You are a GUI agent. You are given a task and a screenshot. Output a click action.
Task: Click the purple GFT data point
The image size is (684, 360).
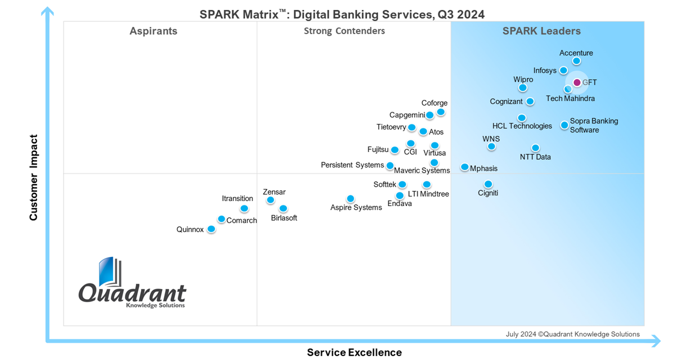(x=577, y=82)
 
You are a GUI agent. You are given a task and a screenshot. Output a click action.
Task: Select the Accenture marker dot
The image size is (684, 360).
(x=576, y=61)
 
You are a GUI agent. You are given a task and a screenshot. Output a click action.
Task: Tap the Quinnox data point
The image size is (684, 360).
(x=211, y=229)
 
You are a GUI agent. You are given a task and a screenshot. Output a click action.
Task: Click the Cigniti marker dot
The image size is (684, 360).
(x=488, y=184)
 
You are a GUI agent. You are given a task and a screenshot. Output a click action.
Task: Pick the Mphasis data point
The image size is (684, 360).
(x=464, y=167)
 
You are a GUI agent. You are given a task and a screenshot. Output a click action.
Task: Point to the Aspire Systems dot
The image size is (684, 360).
(x=351, y=199)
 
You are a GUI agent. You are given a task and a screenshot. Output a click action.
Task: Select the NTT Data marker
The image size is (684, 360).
(x=535, y=148)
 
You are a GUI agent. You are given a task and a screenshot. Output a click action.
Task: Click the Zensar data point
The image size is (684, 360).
(x=270, y=200)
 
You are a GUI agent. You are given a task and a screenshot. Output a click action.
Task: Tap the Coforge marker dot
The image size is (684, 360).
(x=441, y=112)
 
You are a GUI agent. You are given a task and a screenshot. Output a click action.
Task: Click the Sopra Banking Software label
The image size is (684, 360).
(x=594, y=126)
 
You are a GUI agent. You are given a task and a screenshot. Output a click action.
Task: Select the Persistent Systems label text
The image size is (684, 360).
(x=352, y=165)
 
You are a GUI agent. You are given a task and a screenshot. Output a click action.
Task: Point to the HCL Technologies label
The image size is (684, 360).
(x=522, y=126)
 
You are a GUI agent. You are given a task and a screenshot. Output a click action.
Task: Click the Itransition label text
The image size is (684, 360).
(x=237, y=198)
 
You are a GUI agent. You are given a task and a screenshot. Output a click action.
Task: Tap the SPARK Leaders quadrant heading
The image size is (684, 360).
(x=541, y=31)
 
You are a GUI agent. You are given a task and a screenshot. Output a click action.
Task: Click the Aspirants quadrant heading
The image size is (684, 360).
(x=153, y=31)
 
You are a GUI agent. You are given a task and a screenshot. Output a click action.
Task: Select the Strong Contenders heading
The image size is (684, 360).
(x=344, y=31)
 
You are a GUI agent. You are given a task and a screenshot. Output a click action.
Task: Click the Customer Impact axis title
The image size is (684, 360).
(x=33, y=177)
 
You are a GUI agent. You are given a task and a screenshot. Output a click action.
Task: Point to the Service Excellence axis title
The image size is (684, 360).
(x=354, y=352)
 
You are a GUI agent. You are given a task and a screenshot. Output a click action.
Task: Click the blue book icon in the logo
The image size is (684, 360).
(x=109, y=272)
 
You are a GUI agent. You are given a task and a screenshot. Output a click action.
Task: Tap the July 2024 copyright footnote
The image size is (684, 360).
(x=572, y=334)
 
